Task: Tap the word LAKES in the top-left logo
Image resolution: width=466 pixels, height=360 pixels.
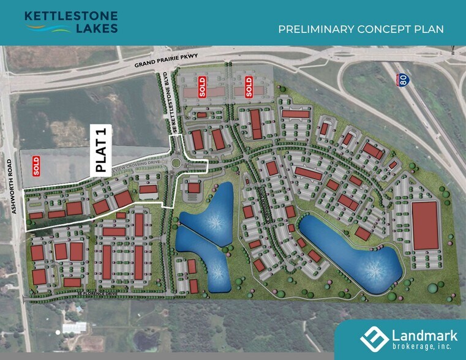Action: pos(97,28)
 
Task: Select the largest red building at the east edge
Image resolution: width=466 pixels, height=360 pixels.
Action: pos(425,225)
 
